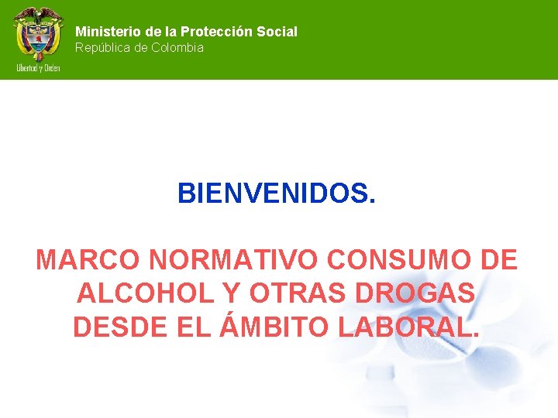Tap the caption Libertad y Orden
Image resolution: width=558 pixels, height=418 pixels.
click(x=38, y=67)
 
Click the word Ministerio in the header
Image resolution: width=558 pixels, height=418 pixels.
click(x=107, y=32)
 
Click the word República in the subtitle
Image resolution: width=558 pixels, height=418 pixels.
click(x=102, y=48)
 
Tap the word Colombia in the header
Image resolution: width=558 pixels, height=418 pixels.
click(x=177, y=48)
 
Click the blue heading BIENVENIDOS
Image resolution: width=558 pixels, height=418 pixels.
click(x=277, y=194)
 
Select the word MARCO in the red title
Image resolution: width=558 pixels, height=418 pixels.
click(x=84, y=260)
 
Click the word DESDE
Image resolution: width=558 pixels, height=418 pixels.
click(x=117, y=327)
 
